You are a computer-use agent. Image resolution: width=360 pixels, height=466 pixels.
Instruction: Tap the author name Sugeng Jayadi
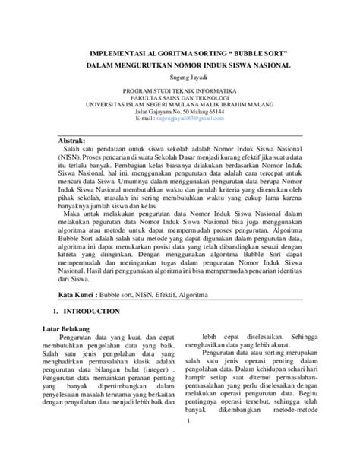pos(180,78)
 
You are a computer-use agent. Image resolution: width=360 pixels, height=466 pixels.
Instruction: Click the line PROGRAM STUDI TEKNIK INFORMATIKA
pos(180,90)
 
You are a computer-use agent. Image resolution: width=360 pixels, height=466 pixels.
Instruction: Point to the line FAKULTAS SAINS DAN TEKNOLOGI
pos(180,97)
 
